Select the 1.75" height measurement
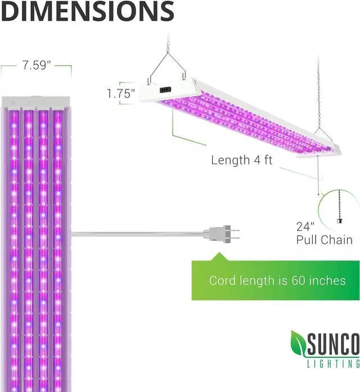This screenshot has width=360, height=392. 121,93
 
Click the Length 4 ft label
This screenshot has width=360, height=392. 241,160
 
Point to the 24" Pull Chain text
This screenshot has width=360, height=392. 324,233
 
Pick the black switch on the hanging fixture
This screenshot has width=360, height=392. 165,89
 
